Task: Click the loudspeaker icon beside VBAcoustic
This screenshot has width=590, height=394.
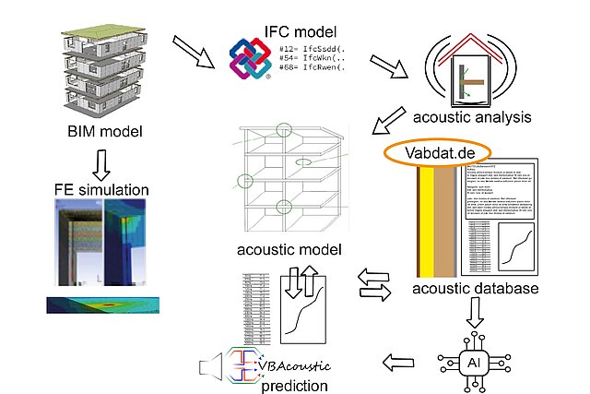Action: pyautogui.click(x=213, y=369)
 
